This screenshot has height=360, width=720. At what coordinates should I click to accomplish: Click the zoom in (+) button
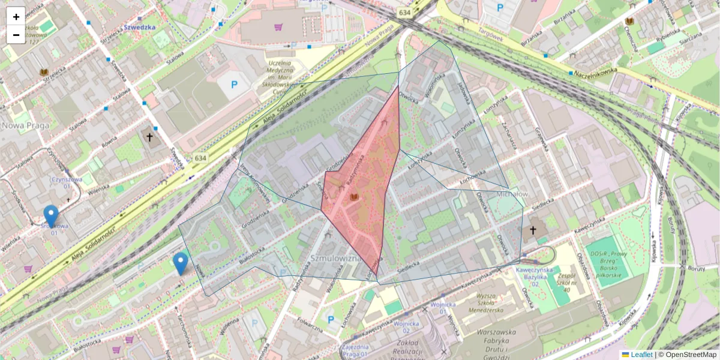tap(16, 17)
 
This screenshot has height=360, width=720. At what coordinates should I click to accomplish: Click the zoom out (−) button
tap(16, 34)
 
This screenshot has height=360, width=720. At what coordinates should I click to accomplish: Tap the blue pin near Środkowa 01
tap(52, 216)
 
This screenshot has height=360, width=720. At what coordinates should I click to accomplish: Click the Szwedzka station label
tap(140, 27)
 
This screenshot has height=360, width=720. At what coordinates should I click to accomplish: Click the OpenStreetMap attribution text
tap(690, 355)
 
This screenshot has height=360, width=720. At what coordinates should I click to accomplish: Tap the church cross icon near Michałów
tap(532, 230)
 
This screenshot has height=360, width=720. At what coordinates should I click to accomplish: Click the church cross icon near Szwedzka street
tap(150, 137)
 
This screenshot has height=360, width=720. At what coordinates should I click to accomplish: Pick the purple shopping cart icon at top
tap(278, 27)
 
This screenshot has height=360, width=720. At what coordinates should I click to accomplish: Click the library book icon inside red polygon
tap(355, 197)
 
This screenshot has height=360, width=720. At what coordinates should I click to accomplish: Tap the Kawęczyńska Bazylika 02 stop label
tap(533, 274)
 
